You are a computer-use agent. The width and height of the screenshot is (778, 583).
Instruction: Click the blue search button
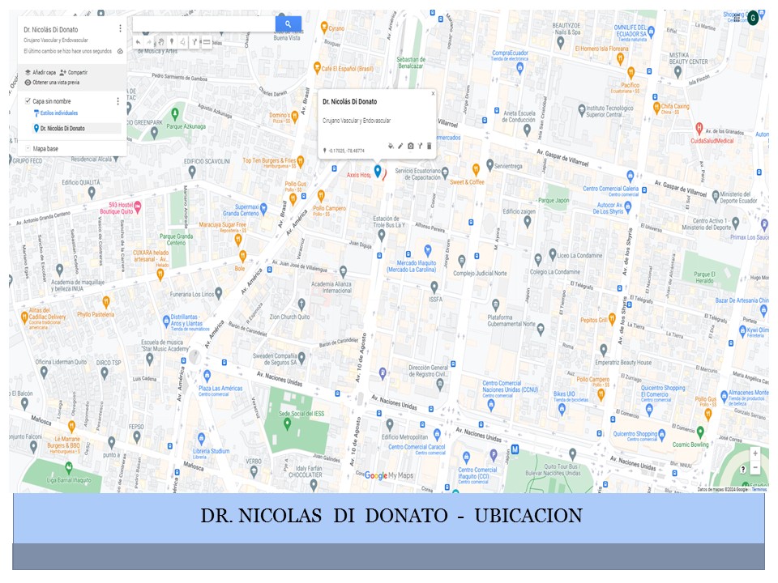coord(288,24)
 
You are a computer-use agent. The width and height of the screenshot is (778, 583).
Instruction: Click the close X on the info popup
coord(433,93)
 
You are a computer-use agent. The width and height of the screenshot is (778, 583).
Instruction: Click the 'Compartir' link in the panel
coord(78,72)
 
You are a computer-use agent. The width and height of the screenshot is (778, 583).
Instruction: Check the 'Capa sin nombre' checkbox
coord(28,101)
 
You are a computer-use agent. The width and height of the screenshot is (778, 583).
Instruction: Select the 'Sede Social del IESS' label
coord(301,413)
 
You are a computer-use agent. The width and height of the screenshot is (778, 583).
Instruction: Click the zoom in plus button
coord(755,453)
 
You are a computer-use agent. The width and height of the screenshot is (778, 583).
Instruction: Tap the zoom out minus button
coord(755,468)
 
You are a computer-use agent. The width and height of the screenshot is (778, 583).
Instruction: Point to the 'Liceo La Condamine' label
coord(579,254)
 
